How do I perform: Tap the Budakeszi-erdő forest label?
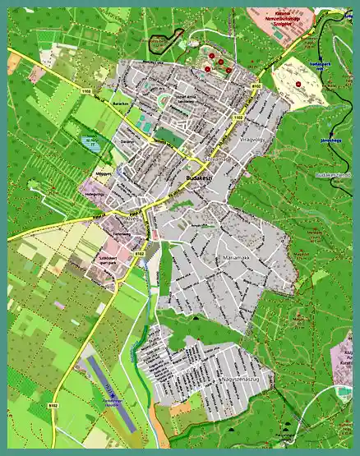pyautogui.click(x=332, y=175)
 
